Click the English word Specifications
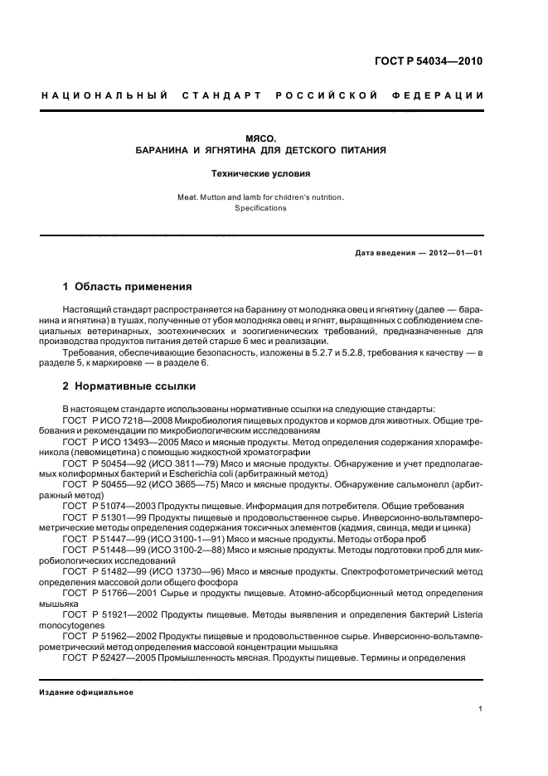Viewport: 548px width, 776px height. [259, 208]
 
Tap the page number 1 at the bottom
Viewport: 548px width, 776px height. [481, 709]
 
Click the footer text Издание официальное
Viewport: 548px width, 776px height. [87, 692]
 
